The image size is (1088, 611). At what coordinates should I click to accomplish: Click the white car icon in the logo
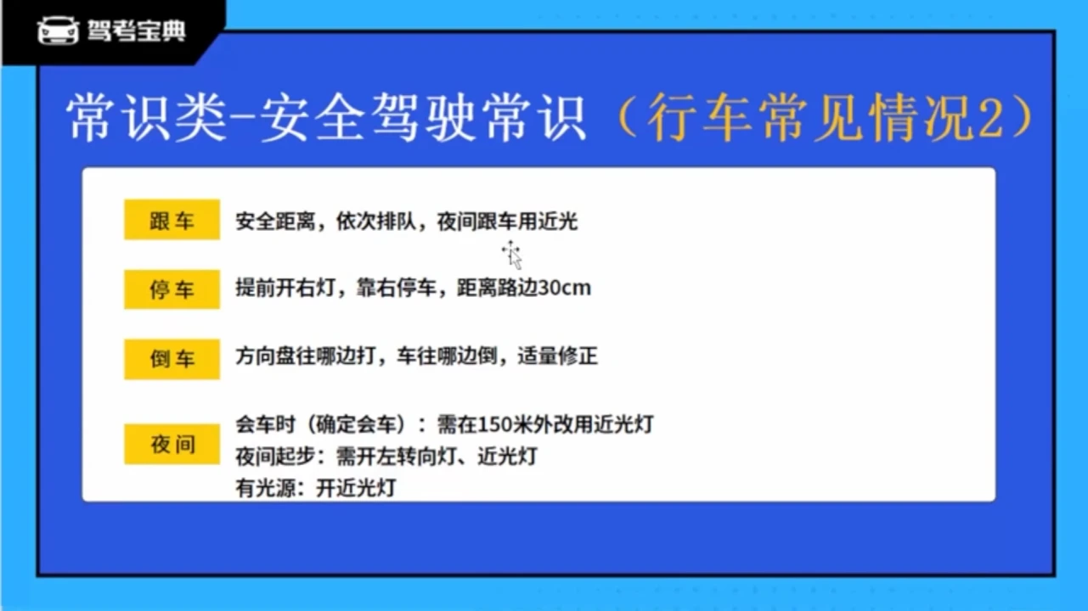59,31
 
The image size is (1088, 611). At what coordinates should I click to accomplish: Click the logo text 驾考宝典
137,31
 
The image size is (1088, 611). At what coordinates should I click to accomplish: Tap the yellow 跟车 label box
172,219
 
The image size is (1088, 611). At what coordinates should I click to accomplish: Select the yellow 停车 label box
172,289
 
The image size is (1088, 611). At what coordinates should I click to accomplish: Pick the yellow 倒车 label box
172,359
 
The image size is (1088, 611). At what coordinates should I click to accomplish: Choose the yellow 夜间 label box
172,444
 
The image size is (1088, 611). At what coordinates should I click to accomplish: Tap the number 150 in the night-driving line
494,424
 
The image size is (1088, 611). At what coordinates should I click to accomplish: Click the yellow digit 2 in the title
991,119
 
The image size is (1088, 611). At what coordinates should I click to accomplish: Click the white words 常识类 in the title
146,117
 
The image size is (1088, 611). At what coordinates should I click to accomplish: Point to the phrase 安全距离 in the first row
275,221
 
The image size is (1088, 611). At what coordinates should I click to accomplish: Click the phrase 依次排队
376,221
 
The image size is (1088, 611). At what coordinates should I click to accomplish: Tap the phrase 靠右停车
397,288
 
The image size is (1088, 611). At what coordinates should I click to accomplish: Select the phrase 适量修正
558,356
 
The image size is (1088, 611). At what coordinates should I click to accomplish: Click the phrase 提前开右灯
285,288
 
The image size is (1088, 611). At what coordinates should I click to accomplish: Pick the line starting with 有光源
316,488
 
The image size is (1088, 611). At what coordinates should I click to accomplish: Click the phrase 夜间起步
275,457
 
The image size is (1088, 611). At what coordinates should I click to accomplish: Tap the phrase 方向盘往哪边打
306,356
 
